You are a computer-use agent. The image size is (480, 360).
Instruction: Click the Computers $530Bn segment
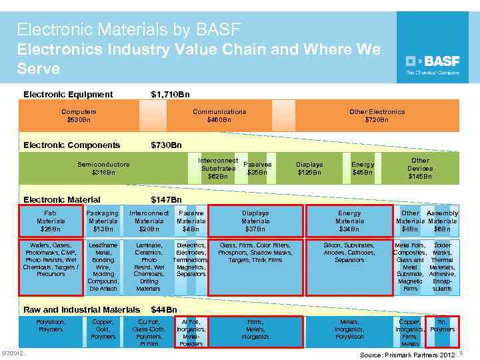pos(79,116)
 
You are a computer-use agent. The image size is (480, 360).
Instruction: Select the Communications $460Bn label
pos(219,116)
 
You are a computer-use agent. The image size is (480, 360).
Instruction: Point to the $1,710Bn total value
pos(170,95)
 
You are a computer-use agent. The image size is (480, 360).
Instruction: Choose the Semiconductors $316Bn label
pos(103,168)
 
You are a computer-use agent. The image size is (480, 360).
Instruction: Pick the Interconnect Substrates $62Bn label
pos(218,169)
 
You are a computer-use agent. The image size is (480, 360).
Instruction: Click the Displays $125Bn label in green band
pos(309,169)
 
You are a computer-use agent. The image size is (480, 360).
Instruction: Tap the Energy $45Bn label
pos(363,169)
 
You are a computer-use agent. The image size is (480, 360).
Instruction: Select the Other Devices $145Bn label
pos(420,169)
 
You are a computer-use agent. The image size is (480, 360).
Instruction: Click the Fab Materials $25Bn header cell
pos(51,221)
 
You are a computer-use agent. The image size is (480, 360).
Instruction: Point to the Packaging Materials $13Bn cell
pos(103,221)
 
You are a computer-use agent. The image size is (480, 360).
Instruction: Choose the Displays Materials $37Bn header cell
pos(255,221)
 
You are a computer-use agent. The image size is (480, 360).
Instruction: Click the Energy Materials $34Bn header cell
pos(349,221)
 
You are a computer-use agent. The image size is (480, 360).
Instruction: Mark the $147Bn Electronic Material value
pos(167,199)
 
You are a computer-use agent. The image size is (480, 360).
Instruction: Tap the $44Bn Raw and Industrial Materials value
pos(164,310)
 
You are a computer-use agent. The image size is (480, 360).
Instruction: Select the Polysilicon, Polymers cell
pos(51,326)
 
